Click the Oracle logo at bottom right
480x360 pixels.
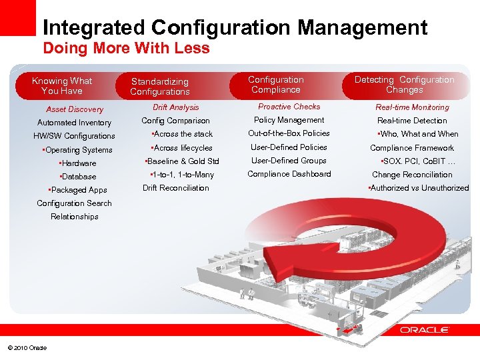424,330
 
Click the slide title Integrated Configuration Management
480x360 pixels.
234,27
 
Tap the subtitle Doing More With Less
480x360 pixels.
126,49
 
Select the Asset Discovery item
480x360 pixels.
75,109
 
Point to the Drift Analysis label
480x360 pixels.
175,107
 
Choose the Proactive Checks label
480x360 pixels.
289,107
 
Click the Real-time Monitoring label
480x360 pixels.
412,107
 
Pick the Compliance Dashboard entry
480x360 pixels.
289,174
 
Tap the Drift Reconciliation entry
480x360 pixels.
175,188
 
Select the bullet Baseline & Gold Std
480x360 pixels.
183,161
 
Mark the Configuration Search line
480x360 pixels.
74,203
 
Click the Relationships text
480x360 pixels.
74,217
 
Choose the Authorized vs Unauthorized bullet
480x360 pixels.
418,188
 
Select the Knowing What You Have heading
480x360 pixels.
62,86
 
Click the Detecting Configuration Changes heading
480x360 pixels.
404,85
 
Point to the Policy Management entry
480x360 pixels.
289,120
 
